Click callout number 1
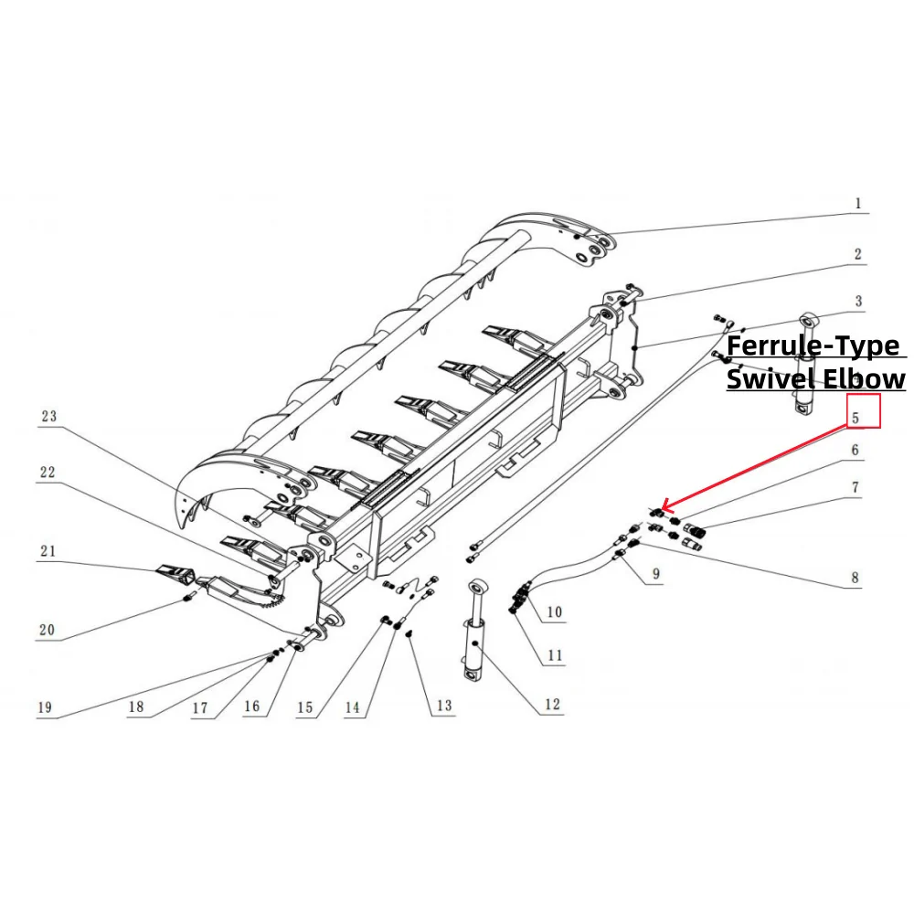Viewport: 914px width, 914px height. click(x=857, y=204)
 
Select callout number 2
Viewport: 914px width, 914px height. click(x=857, y=254)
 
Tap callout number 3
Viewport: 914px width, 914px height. click(x=858, y=301)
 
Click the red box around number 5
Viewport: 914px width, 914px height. click(x=864, y=411)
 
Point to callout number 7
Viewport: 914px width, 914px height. click(x=856, y=488)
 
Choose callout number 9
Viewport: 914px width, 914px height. click(x=655, y=575)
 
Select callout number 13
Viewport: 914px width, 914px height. click(x=443, y=706)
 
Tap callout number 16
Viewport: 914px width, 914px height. click(x=251, y=707)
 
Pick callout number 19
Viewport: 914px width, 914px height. click(x=44, y=707)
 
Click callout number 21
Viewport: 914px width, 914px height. click(x=48, y=550)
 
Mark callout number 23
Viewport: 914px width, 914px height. click(x=48, y=417)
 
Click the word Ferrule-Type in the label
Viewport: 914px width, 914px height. click(x=813, y=347)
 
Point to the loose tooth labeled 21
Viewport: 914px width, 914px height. click(x=177, y=574)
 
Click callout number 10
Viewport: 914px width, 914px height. click(x=554, y=611)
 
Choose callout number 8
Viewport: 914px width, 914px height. click(x=856, y=578)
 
